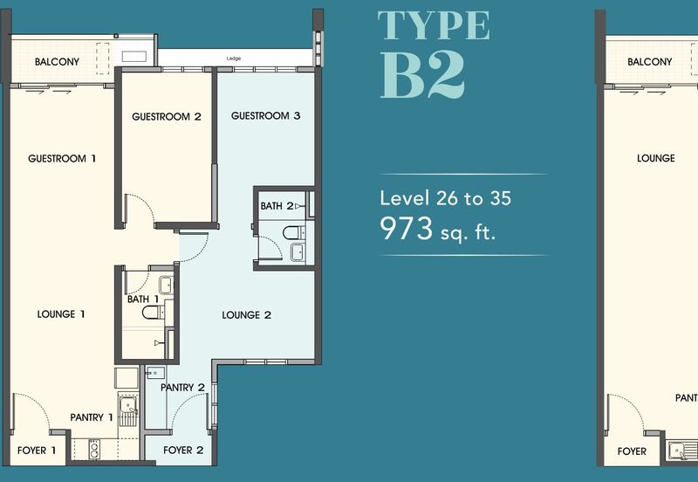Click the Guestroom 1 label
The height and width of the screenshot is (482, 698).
coord(62,159)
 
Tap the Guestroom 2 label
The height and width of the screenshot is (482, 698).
coord(167,117)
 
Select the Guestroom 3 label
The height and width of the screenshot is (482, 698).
coord(266,116)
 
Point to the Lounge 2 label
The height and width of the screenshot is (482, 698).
coord(247,315)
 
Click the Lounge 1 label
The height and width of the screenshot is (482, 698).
coord(61,314)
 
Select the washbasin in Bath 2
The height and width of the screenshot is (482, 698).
coord(298,252)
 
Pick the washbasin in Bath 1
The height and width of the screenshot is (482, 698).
coord(166,286)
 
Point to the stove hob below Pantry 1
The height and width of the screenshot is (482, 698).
coord(94,450)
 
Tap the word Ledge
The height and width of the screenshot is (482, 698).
coord(234,59)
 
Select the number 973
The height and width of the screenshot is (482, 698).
coord(406,228)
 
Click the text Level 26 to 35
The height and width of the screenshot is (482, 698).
coord(445,198)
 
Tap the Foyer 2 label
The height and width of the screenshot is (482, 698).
coord(183,451)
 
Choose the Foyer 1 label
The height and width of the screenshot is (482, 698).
coord(37,451)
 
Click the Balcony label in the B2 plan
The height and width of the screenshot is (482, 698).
coord(57,62)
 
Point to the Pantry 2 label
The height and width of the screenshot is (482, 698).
coord(182,388)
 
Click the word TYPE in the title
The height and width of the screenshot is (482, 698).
coord(434,25)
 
